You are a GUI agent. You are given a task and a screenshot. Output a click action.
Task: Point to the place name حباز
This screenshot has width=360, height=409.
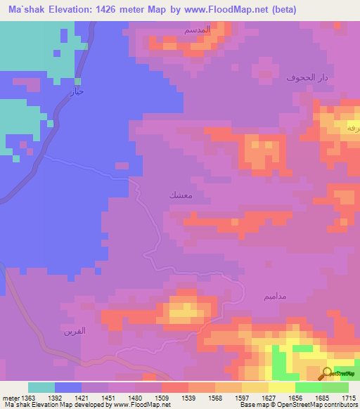pos(78,91)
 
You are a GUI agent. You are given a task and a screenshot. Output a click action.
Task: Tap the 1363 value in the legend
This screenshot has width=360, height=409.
pos(28,397)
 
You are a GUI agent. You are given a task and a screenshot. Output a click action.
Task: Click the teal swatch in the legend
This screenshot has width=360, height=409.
pos(41,387)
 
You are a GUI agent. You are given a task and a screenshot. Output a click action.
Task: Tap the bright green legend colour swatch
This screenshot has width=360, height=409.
pos(308,387)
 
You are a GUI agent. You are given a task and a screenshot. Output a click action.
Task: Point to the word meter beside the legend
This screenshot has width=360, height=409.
pos(11,397)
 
